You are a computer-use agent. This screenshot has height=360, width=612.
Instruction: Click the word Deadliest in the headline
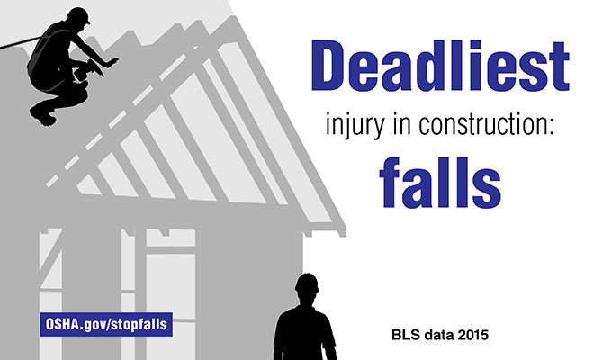440,66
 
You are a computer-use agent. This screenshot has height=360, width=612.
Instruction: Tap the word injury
355,125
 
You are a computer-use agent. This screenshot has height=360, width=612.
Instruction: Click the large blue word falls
440,183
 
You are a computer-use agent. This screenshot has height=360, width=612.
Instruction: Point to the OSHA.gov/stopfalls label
106,324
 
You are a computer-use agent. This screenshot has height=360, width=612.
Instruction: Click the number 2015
473,335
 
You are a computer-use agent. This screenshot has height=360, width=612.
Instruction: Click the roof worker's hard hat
78,14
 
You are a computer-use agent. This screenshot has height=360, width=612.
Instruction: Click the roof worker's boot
42,114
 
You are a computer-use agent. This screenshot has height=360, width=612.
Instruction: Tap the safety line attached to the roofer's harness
20,43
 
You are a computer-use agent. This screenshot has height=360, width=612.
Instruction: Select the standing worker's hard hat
307,282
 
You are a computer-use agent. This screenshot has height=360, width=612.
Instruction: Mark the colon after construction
551,127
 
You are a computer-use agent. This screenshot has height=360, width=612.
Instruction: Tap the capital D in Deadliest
328,66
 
